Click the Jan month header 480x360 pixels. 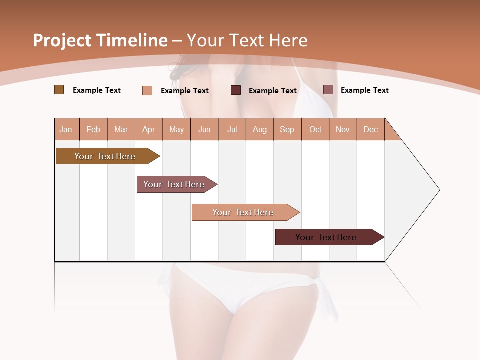tap(66, 129)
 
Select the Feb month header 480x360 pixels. tap(93, 129)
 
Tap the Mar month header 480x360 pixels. tap(121, 129)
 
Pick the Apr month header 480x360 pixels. tap(149, 129)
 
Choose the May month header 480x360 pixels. tap(176, 129)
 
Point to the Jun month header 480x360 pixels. tap(204, 129)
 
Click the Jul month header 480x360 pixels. tap(232, 129)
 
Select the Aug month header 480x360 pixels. tap(260, 129)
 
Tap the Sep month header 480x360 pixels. tap(287, 129)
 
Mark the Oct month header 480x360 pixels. tap(315, 129)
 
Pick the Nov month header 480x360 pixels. tap(343, 129)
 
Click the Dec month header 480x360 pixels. tap(371, 129)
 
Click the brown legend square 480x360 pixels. tap(59, 90)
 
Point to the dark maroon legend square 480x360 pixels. tap(236, 90)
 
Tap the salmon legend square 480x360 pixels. tap(147, 90)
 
